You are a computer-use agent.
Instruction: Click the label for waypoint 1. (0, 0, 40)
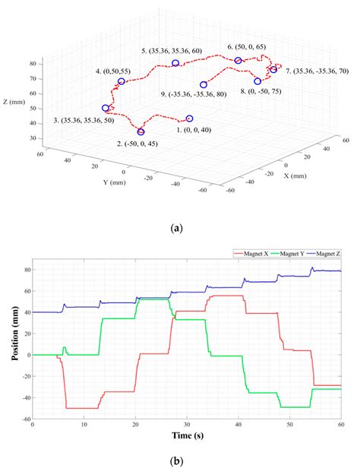pyautogui.click(x=197, y=130)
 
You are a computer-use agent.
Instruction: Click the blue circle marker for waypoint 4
pyautogui.click(x=121, y=81)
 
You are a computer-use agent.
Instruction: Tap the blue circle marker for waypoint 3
pyautogui.click(x=106, y=108)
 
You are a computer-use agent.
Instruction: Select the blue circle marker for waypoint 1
pyautogui.click(x=190, y=119)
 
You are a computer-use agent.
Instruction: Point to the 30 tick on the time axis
pyautogui.click(x=186, y=425)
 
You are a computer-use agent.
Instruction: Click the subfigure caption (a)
pyautogui.click(x=177, y=226)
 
